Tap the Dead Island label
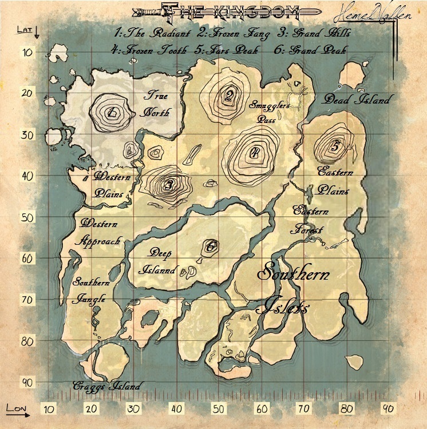pyautogui.click(x=357, y=100)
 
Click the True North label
pyautogui.click(x=156, y=105)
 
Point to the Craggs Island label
pyautogui.click(x=106, y=386)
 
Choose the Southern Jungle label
pyautogui.click(x=90, y=290)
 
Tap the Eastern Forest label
pyautogui.click(x=308, y=220)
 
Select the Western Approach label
pyautogui.click(x=101, y=232)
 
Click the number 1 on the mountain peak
pyautogui.click(x=113, y=111)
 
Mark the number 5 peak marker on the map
pyautogui.click(x=335, y=146)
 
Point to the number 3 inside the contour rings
pyautogui.click(x=168, y=185)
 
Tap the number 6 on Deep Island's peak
pyautogui.click(x=211, y=247)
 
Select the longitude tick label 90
pyautogui.click(x=389, y=409)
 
